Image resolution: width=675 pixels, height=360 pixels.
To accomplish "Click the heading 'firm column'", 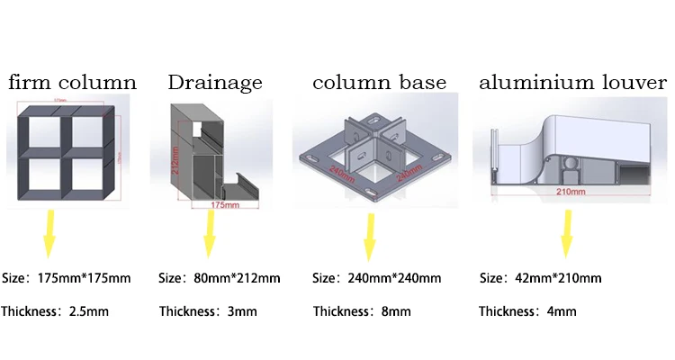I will coord(73,83).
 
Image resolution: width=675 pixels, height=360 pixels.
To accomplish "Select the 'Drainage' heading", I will coord(215,83).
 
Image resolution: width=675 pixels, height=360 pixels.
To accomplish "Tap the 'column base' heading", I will coord(379,83).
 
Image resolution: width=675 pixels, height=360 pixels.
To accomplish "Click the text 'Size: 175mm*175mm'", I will coord(67,278).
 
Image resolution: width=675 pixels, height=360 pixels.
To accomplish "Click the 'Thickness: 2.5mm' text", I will coord(55,312).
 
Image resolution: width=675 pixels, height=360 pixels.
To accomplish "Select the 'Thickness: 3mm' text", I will coord(208,312).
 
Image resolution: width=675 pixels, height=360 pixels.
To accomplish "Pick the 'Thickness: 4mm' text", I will coord(527,312).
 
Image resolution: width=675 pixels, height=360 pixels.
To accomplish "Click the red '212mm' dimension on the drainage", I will coord(177,163).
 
